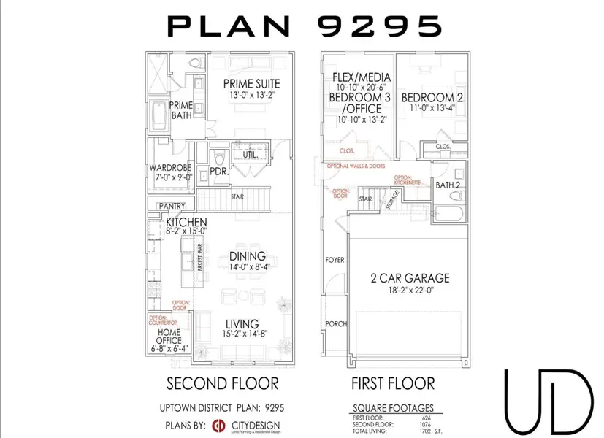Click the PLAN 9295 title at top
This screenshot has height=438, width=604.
click(305, 26)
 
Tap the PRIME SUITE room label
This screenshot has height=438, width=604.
click(252, 83)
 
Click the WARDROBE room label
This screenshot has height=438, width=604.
click(169, 167)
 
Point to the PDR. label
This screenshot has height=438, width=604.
click(219, 173)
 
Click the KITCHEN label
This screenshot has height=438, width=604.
click(186, 222)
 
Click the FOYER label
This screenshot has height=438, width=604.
click(335, 260)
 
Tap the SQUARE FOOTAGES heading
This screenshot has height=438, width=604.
click(393, 408)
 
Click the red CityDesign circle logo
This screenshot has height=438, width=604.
click(218, 426)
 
